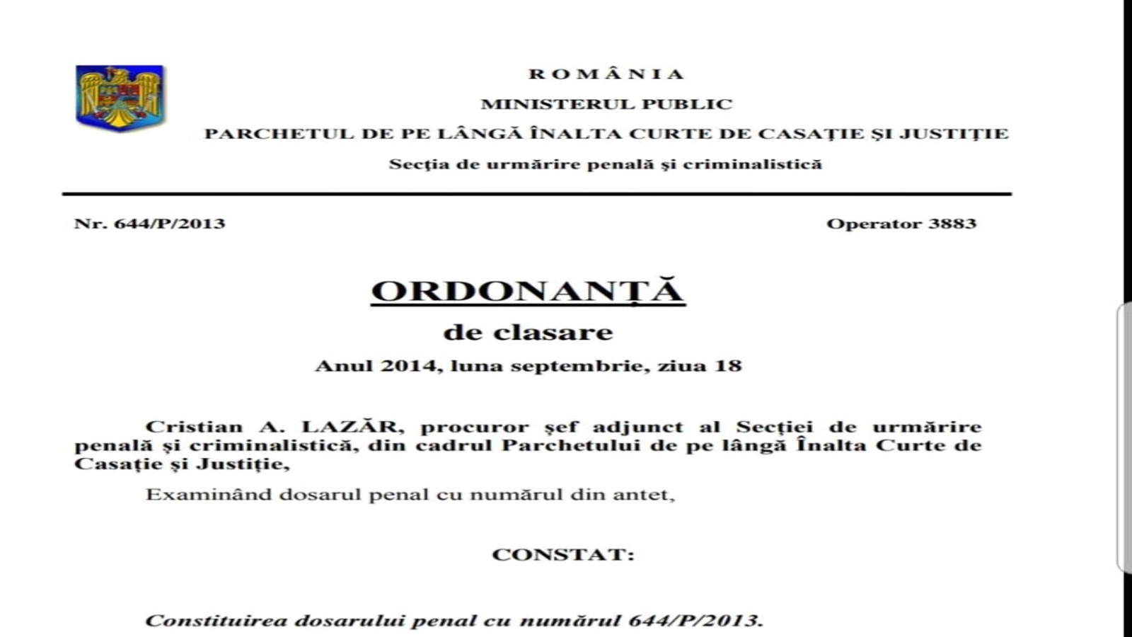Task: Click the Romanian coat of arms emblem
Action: [121, 98]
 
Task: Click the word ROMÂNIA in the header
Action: [606, 74]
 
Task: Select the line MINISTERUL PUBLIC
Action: [606, 104]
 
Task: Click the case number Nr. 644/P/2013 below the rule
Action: [149, 224]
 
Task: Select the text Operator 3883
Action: [901, 224]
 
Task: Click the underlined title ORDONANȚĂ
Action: [528, 291]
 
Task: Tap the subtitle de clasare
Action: [528, 332]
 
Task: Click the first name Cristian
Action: [194, 427]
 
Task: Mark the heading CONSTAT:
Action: [563, 554]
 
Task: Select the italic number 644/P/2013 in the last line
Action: [695, 621]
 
